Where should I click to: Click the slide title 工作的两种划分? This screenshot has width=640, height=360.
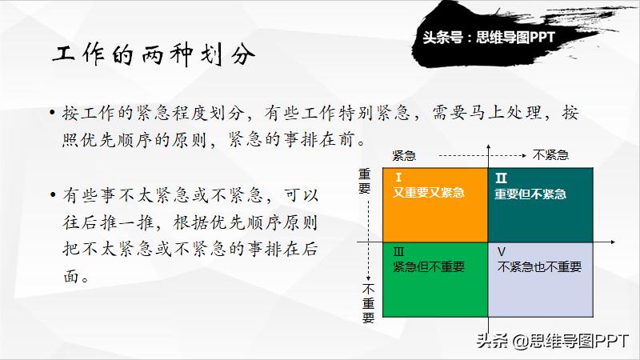(x=155, y=56)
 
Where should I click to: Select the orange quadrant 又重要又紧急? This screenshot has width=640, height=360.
(x=434, y=204)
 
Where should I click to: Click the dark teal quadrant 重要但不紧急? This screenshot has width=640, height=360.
(x=540, y=204)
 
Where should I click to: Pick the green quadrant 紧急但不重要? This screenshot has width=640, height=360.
(x=434, y=280)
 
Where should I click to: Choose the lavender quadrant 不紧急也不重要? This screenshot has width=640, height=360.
(x=540, y=280)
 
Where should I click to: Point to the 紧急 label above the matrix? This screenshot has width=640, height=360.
(x=403, y=155)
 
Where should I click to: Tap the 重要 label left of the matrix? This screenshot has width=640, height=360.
(x=366, y=181)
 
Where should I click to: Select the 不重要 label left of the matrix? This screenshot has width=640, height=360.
(x=367, y=302)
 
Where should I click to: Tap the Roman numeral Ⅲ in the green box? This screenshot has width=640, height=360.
(x=399, y=251)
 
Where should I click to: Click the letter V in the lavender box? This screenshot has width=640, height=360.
(x=502, y=251)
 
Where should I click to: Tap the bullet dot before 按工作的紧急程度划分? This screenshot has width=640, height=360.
(x=53, y=114)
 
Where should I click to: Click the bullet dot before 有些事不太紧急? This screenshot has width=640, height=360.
(x=53, y=196)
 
